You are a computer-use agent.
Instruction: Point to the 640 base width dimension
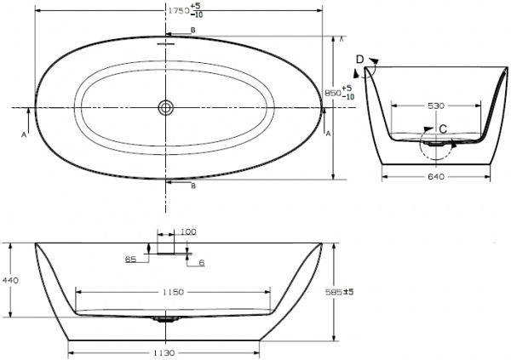(435, 177)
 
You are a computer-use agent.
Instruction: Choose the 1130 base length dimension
(164, 352)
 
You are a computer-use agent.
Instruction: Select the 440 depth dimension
(11, 279)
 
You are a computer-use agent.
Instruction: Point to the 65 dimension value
(130, 257)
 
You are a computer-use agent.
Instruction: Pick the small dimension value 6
(201, 263)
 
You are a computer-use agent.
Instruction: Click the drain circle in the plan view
(164, 107)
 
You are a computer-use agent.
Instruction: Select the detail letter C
(442, 129)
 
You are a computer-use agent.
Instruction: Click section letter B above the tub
(192, 31)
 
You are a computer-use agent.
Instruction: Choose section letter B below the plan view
(192, 185)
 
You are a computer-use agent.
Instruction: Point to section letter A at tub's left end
(23, 134)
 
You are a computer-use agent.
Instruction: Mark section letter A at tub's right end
(328, 134)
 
